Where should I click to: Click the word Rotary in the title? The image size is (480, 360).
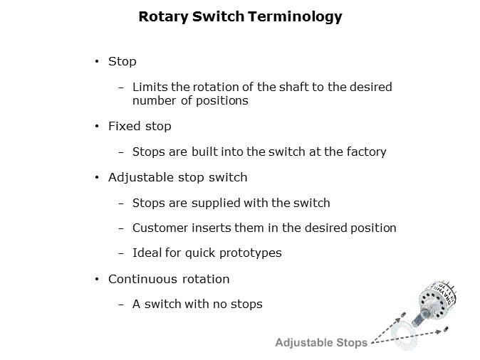(164, 17)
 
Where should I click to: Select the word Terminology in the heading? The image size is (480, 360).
(295, 17)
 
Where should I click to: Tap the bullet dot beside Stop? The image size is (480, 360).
(97, 61)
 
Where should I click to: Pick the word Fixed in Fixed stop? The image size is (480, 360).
(125, 126)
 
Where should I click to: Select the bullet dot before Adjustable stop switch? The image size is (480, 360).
(97, 177)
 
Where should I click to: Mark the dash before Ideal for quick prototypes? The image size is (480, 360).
(121, 253)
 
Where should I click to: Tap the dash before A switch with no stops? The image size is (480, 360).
(121, 305)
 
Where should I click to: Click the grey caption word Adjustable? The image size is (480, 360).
(304, 342)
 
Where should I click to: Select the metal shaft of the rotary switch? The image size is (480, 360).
(420, 318)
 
